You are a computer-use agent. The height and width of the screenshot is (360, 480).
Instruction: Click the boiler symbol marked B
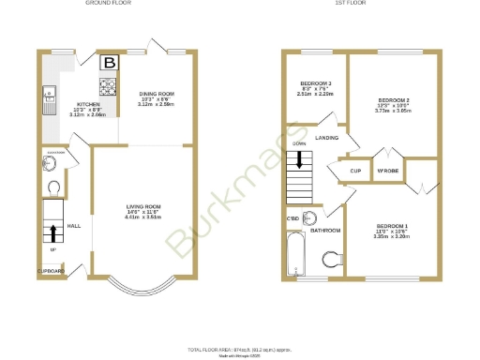point(110,64)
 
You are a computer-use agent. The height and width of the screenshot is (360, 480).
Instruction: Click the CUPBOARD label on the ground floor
point(52,271)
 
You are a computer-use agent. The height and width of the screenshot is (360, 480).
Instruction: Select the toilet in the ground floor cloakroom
point(53,186)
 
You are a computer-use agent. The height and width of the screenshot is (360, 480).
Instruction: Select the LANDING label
point(327,138)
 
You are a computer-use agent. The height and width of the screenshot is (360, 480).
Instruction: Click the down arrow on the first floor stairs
point(299,159)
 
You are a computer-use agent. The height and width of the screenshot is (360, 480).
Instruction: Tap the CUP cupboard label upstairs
point(355,171)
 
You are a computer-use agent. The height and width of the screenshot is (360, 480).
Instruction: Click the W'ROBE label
point(387,171)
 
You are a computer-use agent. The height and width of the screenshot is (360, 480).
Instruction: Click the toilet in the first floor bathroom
point(331,260)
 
